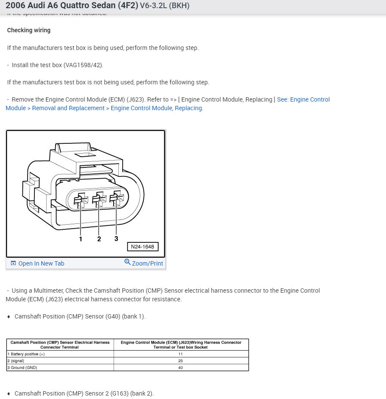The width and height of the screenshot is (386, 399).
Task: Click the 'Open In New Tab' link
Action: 41,263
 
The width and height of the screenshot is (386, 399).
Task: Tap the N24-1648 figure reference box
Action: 142,247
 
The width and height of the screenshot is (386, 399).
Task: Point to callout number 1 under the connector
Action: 80,239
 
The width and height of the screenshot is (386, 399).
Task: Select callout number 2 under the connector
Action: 99,239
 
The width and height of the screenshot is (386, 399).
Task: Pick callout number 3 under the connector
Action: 116,238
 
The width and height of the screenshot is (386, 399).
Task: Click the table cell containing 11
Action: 181,354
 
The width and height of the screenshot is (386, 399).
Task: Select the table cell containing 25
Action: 181,361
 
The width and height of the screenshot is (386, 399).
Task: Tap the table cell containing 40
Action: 181,368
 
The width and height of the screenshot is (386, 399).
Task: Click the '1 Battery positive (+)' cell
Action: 26,354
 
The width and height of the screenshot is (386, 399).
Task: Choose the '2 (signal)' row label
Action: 16,361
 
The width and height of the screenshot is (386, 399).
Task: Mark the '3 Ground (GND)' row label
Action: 22,368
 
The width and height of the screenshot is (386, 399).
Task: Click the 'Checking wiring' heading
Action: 29,30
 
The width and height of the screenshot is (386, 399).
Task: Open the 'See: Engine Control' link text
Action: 303,99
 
